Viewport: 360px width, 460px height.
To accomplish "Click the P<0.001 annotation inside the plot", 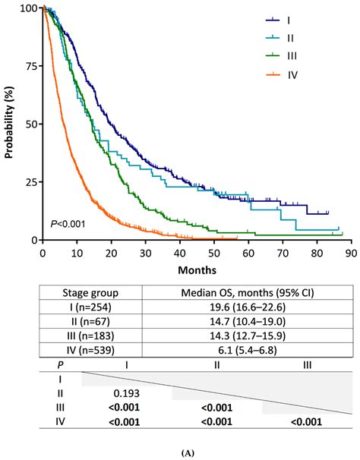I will [67, 223].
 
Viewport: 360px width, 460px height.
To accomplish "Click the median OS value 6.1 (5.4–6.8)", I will [247, 351].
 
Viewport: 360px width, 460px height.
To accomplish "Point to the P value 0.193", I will [125, 394].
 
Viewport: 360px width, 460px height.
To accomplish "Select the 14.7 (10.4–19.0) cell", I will [247, 323].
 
